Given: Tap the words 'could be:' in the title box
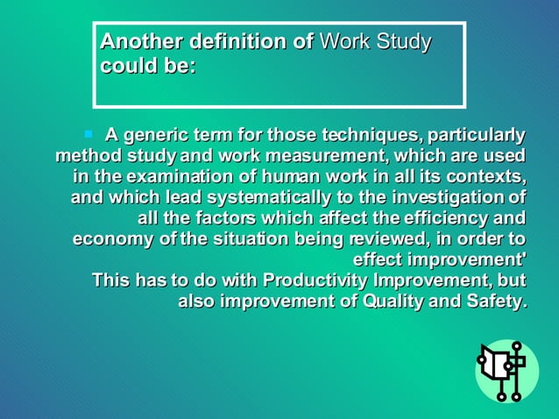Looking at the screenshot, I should pos(148,67).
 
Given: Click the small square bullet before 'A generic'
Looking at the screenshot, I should pos(88,134).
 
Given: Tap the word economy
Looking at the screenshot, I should pos(109,239).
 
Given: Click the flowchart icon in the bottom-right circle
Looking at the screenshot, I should pos(503,369).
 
